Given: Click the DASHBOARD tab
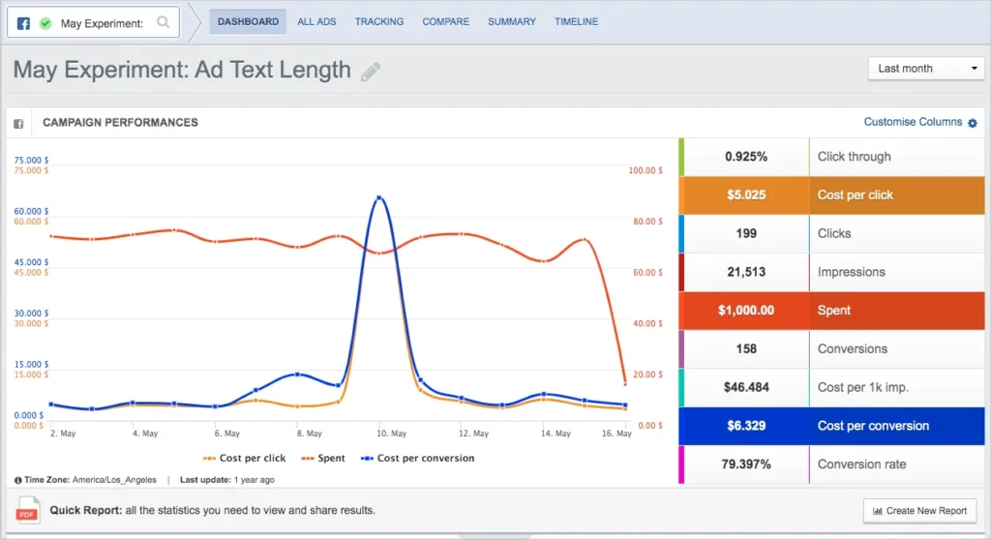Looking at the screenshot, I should click(x=248, y=21).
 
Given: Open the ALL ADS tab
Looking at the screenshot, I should click(x=317, y=21).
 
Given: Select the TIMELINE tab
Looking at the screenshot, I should click(x=576, y=21).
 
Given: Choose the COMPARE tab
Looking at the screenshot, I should click(x=445, y=21).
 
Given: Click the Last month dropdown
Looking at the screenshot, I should click(x=926, y=69).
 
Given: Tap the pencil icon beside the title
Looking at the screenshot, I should click(x=371, y=72).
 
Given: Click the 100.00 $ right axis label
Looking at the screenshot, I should click(x=646, y=170).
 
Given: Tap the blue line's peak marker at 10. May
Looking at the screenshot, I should click(x=379, y=197).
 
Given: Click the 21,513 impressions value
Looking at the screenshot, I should click(x=746, y=272).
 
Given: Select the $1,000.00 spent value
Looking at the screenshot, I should click(x=746, y=311).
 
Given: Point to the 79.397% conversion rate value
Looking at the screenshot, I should click(x=746, y=465).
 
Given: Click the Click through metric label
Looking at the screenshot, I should click(x=854, y=157).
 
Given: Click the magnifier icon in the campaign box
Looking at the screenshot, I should click(x=164, y=22).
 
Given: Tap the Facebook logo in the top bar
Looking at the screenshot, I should click(x=24, y=22).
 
